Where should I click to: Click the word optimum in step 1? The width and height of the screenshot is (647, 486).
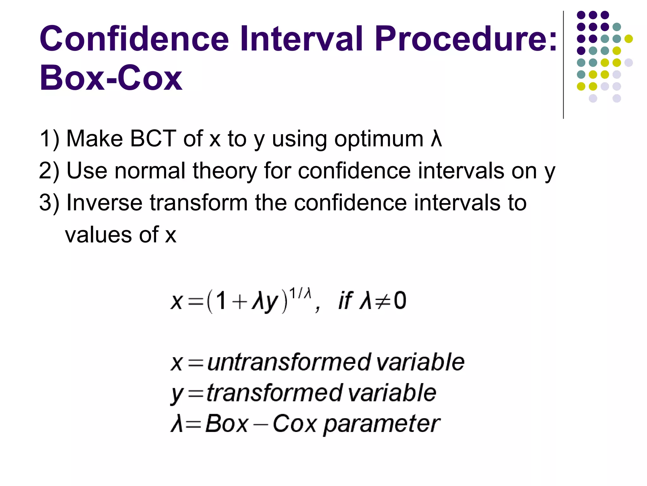(x=379, y=139)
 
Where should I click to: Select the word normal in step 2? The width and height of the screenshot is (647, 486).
(x=150, y=171)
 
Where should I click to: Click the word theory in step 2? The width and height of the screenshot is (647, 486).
(x=225, y=171)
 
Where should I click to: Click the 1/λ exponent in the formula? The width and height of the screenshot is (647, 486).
(x=300, y=293)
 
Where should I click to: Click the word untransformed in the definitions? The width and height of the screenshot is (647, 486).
(x=289, y=362)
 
